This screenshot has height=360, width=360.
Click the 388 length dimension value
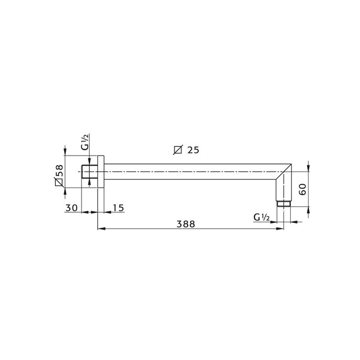coord(186,223)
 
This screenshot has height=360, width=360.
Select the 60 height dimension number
coord(302,189)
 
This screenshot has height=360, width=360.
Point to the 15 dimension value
coord(118,208)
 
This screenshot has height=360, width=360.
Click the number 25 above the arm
coord(193,150)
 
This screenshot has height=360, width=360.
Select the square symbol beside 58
coord(59,183)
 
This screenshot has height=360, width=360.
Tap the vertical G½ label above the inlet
coord(85,142)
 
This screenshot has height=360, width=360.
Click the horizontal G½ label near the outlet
coord(261,217)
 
